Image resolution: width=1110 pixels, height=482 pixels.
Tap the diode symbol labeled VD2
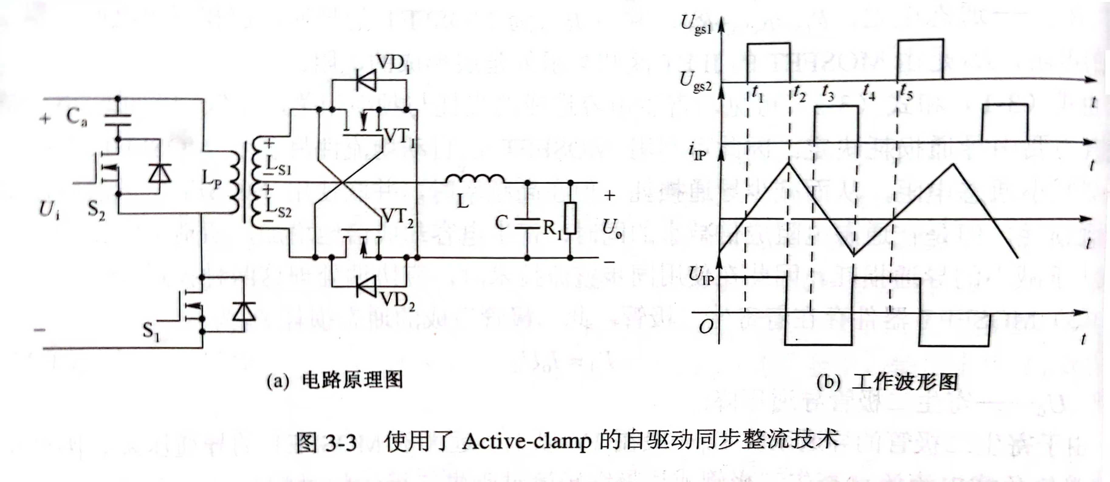point(367,286)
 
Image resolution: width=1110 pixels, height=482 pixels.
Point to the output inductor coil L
point(474,178)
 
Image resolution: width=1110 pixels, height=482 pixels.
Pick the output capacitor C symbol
point(527,223)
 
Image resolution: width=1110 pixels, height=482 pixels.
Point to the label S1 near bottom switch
point(151,331)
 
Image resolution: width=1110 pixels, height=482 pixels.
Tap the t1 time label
point(757,93)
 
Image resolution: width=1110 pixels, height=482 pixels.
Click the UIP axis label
point(701,275)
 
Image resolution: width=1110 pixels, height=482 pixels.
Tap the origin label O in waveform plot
point(705,327)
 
